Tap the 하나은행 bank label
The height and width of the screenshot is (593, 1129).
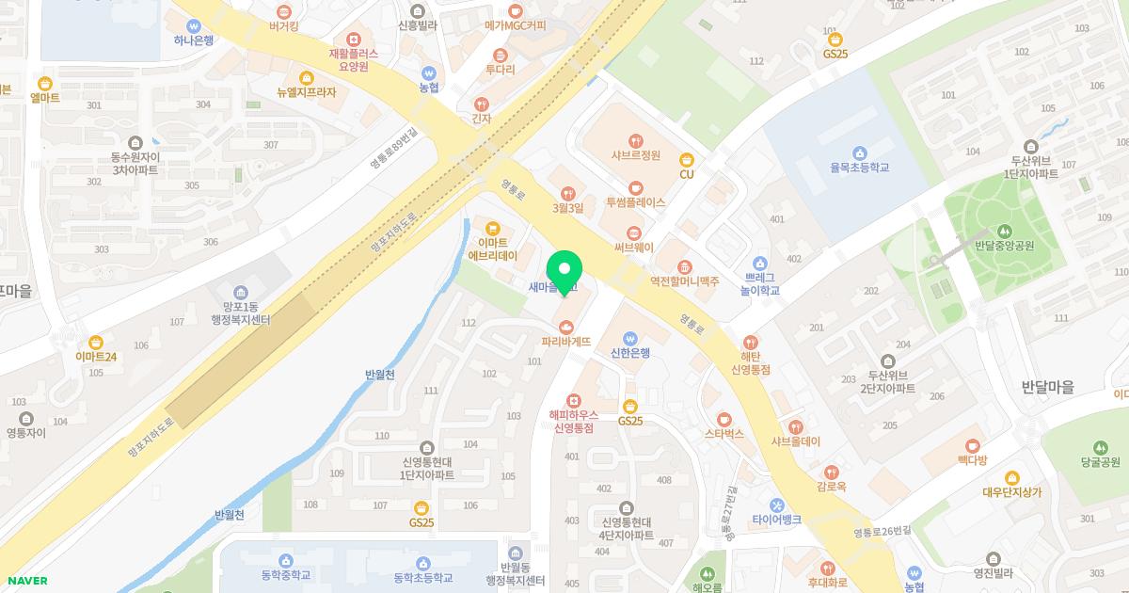tap(194, 40)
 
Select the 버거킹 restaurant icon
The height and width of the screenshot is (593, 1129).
tap(283, 9)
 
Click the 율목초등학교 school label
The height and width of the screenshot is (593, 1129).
tap(859, 168)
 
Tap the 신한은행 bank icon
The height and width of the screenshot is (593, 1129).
tap(630, 339)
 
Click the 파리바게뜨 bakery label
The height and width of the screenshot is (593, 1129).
tap(565, 342)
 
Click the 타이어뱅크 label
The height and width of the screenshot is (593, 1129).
tap(776, 520)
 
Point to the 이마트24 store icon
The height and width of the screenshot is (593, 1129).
tap(96, 343)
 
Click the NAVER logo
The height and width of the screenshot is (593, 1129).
tap(24, 581)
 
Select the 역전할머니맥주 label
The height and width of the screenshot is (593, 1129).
tap(684, 281)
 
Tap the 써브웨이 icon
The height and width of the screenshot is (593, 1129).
tap(633, 232)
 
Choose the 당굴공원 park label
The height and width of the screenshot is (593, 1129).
tap(1100, 462)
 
